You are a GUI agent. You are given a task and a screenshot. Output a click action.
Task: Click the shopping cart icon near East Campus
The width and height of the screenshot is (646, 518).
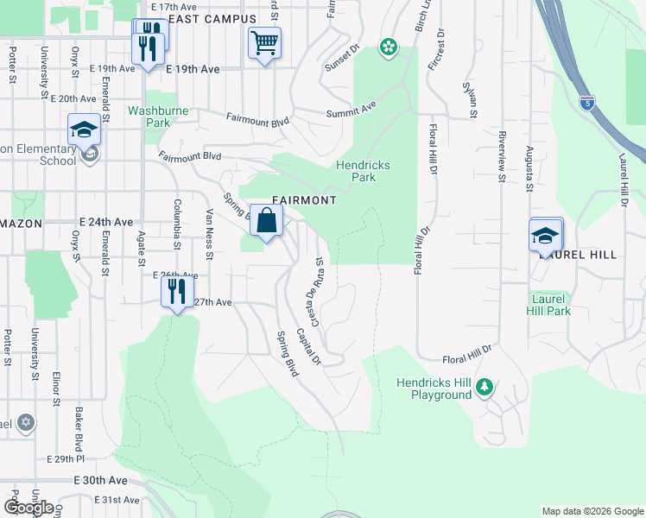(x=264, y=42)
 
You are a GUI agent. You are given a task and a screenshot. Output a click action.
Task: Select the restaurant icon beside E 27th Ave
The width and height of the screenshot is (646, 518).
(x=177, y=291)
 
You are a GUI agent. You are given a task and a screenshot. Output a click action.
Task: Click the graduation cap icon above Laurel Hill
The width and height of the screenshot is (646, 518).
(x=546, y=235)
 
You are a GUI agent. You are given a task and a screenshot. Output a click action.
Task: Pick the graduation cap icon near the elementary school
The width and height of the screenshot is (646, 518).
(x=85, y=129)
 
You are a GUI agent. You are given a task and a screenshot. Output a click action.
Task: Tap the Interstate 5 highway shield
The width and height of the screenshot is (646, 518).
(x=586, y=101)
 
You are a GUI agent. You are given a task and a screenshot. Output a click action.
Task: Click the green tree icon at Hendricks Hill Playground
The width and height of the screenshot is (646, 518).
(x=485, y=388)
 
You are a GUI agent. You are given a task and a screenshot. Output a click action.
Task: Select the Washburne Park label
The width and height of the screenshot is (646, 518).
(x=149, y=117)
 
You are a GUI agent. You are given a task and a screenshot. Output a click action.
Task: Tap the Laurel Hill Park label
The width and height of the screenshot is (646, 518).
(x=550, y=305)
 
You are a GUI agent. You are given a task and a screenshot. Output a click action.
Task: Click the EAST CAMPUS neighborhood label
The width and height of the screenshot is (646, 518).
(x=212, y=18)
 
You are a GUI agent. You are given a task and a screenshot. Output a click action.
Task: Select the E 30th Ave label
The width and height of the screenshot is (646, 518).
(x=100, y=480)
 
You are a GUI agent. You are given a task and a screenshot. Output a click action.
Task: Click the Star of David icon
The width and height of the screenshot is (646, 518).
(x=27, y=423)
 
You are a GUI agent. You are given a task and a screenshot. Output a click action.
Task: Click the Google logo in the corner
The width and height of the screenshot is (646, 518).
(x=28, y=507)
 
